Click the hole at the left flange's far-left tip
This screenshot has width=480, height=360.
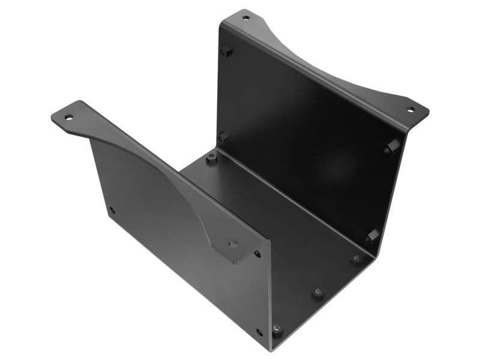click(69, 117)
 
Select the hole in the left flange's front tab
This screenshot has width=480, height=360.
click(234, 244)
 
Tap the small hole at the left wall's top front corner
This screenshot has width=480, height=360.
click(257, 254)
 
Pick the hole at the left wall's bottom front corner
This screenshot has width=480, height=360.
click(259, 332)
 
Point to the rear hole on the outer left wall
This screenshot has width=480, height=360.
click(112, 210)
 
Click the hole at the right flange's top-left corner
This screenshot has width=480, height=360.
click(245, 17)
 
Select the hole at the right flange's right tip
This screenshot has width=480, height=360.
click(410, 109)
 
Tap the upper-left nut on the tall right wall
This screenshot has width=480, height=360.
click(225, 50)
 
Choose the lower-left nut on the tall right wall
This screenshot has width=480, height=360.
click(223, 137)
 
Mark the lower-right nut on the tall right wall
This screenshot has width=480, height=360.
click(372, 235)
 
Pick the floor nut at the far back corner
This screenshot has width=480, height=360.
click(211, 159)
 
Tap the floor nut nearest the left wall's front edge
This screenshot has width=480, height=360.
click(277, 329)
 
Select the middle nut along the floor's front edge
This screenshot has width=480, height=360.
click(317, 295)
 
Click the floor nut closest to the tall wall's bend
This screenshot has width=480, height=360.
click(356, 260)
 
